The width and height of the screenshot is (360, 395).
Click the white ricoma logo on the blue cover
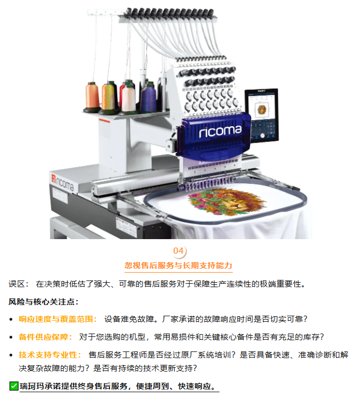[220, 131]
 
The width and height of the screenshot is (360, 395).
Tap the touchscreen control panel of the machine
[262, 115]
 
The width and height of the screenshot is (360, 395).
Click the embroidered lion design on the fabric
[227, 202]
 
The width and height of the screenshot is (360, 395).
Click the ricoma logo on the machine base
[63, 182]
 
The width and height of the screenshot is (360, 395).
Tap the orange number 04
[178, 251]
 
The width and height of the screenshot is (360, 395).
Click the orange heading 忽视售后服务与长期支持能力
[178, 265]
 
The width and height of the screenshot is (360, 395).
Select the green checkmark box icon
[13, 386]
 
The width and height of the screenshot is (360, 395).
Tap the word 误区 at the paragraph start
[17, 284]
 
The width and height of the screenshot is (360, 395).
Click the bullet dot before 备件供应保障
[11, 337]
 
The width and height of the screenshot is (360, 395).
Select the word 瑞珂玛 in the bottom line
[32, 386]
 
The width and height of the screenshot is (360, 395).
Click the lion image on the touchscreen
[262, 110]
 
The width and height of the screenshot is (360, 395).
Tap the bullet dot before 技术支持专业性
[11, 355]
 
